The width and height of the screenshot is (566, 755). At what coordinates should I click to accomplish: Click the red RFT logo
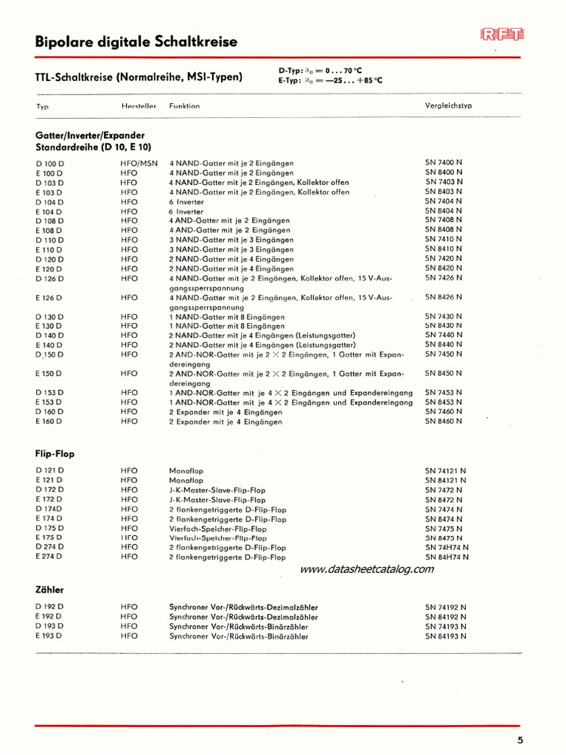coord(502,34)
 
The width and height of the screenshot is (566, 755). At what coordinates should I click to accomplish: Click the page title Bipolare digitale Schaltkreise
coord(136,42)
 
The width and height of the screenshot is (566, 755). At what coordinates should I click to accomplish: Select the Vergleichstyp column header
coord(448,105)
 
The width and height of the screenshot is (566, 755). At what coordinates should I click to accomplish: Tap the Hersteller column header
coord(139,106)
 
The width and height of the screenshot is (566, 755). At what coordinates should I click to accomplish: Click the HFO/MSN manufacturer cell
coord(139,163)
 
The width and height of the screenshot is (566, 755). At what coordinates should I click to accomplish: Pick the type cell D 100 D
coord(49,163)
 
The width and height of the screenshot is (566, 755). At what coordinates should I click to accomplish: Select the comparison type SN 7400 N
coord(444,162)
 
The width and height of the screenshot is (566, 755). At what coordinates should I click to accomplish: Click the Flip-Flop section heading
coord(55,454)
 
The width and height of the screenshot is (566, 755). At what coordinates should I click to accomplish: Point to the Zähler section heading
coord(49,590)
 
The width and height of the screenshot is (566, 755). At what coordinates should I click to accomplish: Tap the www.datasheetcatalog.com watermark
coord(367,569)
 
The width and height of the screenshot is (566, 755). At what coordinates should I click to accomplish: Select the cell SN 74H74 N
coord(447,548)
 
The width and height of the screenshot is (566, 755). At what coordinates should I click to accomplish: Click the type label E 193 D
coord(49,636)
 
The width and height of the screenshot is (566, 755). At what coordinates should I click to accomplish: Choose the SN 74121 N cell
coord(445,470)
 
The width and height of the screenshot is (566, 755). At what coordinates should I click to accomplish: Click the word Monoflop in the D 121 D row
coord(186,470)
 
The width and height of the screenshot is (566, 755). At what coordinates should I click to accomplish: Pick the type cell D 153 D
coord(49,393)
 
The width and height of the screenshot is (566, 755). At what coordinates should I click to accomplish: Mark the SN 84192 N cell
coord(445,616)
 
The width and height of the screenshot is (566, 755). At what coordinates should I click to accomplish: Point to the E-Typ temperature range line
coord(330,80)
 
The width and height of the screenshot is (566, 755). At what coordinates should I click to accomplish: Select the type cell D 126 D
coord(49,279)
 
